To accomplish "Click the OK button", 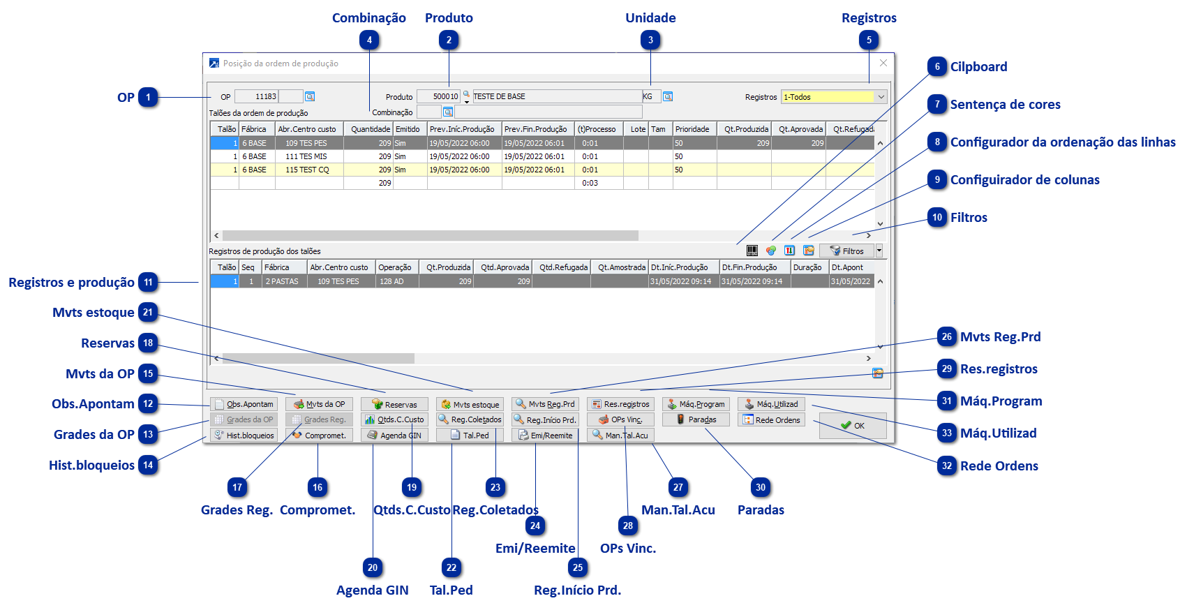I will tap(852, 425).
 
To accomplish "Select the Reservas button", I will tap(394, 404).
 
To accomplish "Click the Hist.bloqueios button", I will tap(244, 435).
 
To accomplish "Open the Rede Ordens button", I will tap(771, 419).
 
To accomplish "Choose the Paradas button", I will tap(696, 419).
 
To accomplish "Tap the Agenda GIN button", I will tap(394, 435).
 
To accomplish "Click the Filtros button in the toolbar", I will tap(846, 251).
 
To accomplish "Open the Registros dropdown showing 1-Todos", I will tap(833, 97).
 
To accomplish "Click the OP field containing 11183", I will tap(256, 97).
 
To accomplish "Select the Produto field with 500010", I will tap(438, 97).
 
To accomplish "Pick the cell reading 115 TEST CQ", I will tap(307, 170).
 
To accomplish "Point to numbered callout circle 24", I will tap(535, 526).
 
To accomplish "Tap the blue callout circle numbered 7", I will tap(937, 105).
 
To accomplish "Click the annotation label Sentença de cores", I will tap(1006, 105).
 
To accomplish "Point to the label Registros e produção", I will tap(71, 283).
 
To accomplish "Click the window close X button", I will tap(883, 63).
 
